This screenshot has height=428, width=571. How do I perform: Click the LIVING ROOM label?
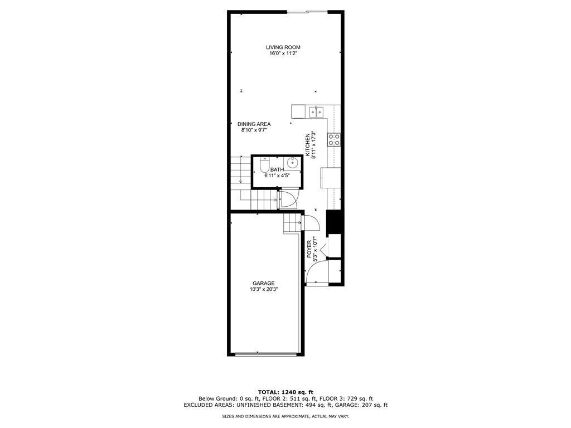point(283,47)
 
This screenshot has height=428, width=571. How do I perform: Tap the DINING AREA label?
point(254,124)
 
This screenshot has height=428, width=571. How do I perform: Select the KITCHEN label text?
point(307,145)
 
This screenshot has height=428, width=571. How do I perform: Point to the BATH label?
point(277,169)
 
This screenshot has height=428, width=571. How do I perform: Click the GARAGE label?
point(264,284)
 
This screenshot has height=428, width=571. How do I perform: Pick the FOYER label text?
point(309,249)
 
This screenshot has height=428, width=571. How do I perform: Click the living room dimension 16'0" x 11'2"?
point(283,53)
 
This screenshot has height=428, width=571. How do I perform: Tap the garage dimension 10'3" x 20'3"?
point(264,290)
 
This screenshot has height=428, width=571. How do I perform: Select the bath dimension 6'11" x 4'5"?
point(277,176)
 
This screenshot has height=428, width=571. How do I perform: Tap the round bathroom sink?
point(293,163)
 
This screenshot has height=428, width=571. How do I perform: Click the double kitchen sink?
point(316,111)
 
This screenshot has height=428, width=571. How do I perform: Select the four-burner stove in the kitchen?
point(335,140)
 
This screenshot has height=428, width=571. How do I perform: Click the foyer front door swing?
point(317,272)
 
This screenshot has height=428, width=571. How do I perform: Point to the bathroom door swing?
point(289,200)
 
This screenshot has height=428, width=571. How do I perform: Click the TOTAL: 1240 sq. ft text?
point(285,392)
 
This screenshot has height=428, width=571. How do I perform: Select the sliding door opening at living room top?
point(308,12)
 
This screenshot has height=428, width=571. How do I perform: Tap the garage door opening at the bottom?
point(266,353)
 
